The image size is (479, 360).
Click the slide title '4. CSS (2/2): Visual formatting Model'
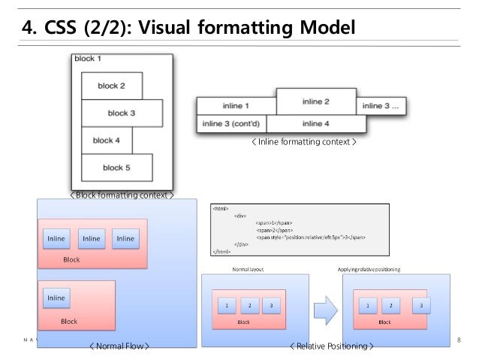tap(188, 29)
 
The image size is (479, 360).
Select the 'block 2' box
tap(111, 86)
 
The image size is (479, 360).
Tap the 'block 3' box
tap(122, 113)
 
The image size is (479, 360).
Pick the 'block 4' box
tap(107, 141)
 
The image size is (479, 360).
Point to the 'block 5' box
tap(116, 167)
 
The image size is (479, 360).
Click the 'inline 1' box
tap(236, 107)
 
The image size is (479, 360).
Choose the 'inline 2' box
tap(316, 101)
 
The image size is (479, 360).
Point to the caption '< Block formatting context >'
tap(122, 195)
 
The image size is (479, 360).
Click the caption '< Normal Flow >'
tap(119, 346)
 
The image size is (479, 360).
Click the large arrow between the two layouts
tap(325, 307)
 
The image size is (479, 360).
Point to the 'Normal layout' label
tap(247, 268)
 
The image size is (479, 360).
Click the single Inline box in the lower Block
tap(57, 298)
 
